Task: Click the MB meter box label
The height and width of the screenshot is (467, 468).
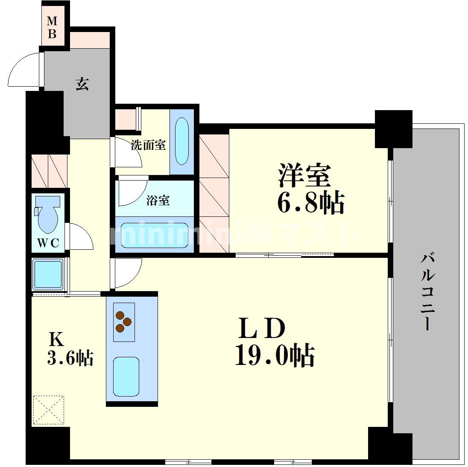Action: click(52, 27)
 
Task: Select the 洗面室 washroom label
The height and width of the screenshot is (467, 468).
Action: click(148, 145)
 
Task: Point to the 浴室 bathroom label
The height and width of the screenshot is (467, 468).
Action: click(158, 200)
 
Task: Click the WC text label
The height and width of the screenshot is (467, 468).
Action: click(48, 243)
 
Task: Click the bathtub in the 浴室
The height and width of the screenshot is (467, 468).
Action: click(152, 235)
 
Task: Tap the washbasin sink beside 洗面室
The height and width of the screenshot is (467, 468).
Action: click(182, 141)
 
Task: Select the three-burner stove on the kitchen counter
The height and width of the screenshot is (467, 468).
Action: click(124, 322)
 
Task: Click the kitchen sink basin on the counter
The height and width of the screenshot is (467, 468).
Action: click(126, 377)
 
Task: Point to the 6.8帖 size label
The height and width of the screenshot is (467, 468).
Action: click(311, 203)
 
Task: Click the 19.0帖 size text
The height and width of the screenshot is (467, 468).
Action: click(275, 355)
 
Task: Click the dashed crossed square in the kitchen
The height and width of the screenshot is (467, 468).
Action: click(48, 410)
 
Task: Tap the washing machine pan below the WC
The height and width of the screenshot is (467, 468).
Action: click(48, 274)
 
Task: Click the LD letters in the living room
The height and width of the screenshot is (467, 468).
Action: click(262, 328)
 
